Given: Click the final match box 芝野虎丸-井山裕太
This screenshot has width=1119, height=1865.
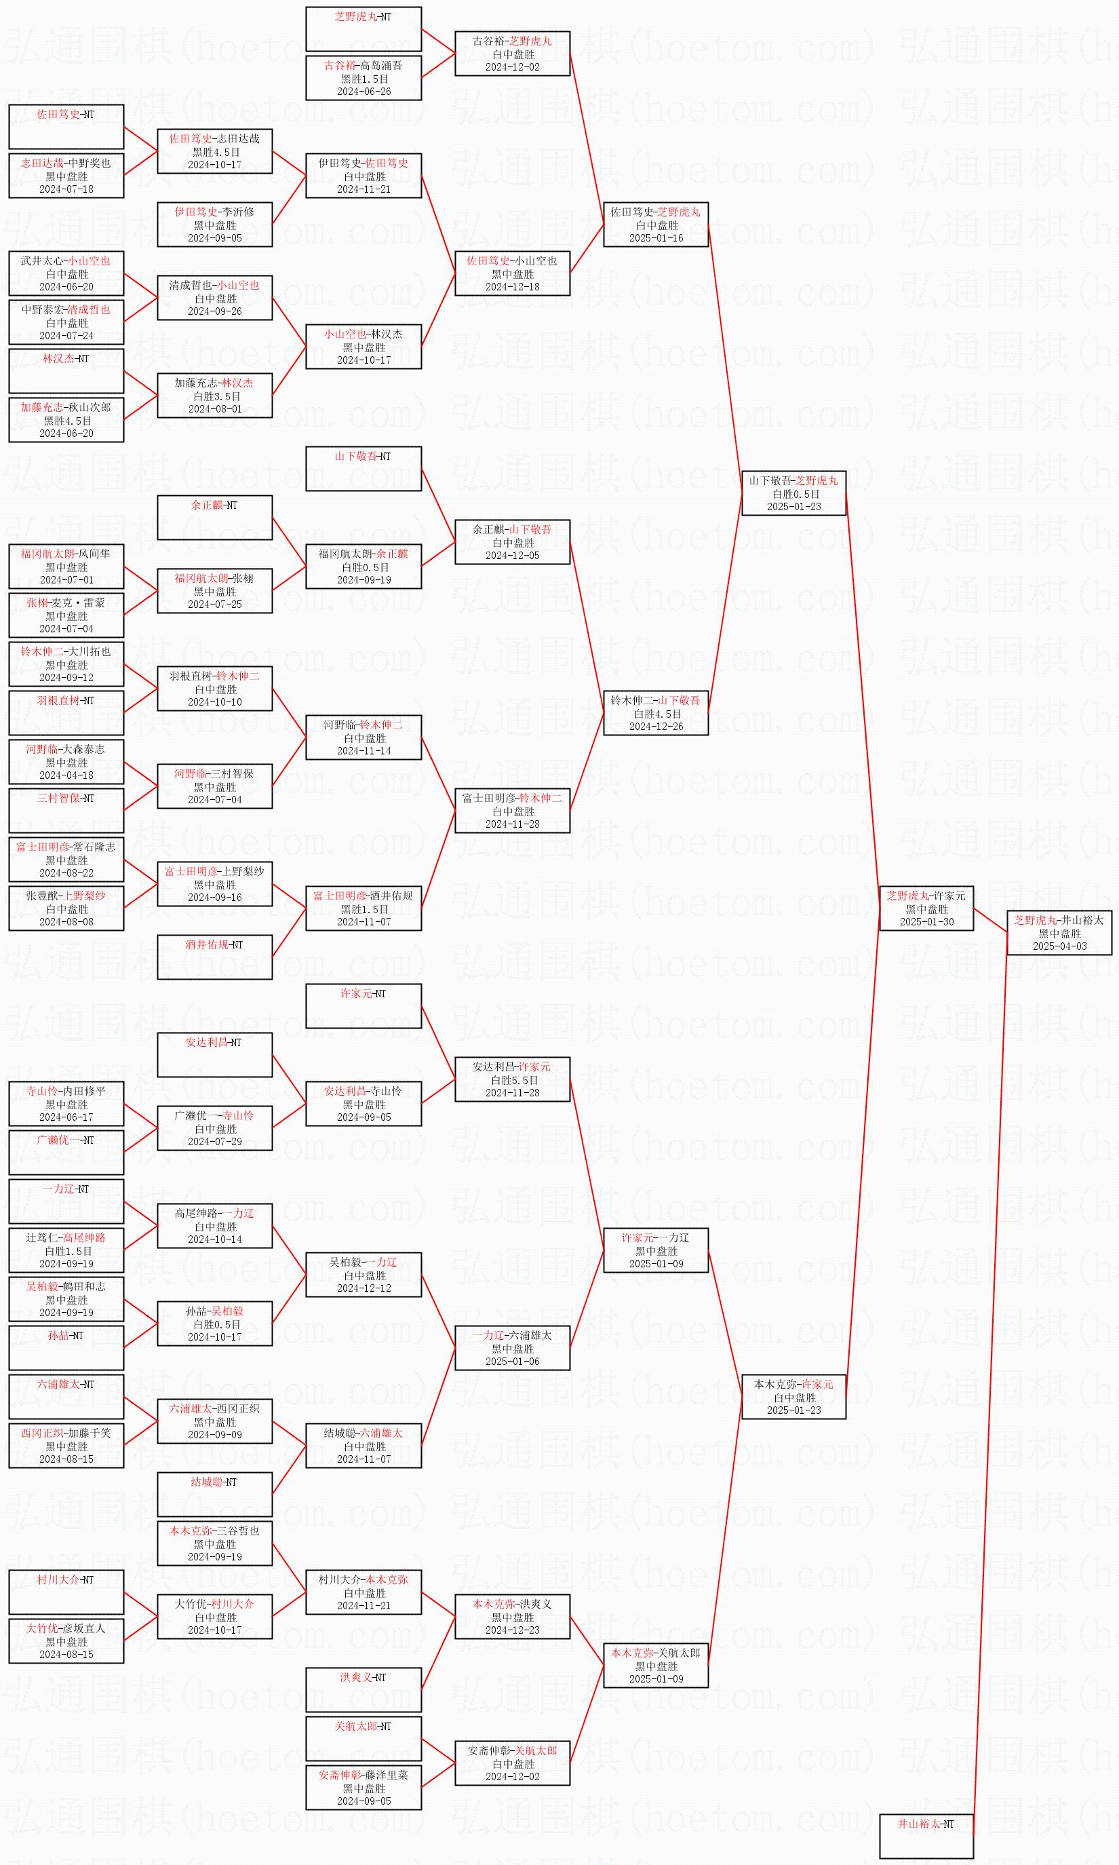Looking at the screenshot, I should coord(1059,933).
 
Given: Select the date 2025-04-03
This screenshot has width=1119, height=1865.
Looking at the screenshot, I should coord(1059,946).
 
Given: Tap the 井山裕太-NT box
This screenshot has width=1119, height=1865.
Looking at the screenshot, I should coord(926,1836).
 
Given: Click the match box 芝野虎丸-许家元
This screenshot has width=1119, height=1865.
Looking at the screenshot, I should coord(926,908).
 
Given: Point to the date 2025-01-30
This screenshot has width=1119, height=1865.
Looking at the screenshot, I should coord(926,921).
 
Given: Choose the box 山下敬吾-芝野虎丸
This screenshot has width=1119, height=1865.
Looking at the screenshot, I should coord(793,493).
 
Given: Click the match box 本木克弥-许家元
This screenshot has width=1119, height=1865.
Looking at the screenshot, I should coord(793,1397).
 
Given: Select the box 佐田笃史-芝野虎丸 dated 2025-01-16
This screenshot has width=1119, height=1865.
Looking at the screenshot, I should coord(655,225).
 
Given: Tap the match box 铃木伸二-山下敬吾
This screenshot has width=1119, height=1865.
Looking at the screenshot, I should coord(655,712).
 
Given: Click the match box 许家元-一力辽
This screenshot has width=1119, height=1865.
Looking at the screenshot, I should coord(655,1250).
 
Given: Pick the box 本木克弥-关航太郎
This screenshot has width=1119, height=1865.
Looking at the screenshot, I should coord(655,1665).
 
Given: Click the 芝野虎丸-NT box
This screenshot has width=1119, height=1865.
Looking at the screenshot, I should coord(363,28).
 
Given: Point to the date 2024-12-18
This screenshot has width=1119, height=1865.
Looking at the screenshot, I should coord(512,286).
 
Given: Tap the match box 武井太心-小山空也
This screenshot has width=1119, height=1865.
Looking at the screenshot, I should coord(66,273).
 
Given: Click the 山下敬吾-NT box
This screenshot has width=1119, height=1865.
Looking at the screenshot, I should coord(363,468).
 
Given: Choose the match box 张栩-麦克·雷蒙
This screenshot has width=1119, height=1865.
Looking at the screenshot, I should coord(66,615).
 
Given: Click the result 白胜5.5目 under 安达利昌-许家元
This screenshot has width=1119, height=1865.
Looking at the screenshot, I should coord(512,1080).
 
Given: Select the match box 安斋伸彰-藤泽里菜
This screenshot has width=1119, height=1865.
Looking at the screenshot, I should coord(363,1788).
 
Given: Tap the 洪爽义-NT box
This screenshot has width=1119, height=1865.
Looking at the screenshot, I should coord(363,1689).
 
